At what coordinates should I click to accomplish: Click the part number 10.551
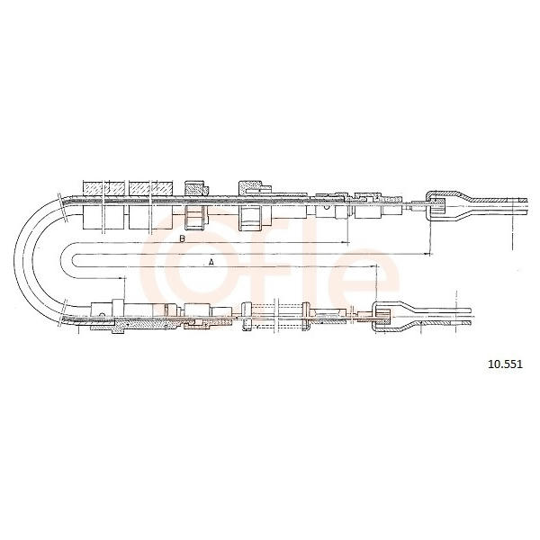[505, 364]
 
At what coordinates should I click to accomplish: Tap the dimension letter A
[211, 263]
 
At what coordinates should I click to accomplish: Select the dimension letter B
[183, 238]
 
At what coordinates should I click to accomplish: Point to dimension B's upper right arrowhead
[345, 243]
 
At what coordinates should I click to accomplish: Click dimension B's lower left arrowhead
[121, 277]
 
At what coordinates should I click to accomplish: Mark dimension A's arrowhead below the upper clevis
[427, 254]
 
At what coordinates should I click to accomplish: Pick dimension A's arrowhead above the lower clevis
[373, 266]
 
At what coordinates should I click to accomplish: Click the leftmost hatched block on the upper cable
[104, 188]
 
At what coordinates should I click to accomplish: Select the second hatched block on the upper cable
[150, 188]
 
